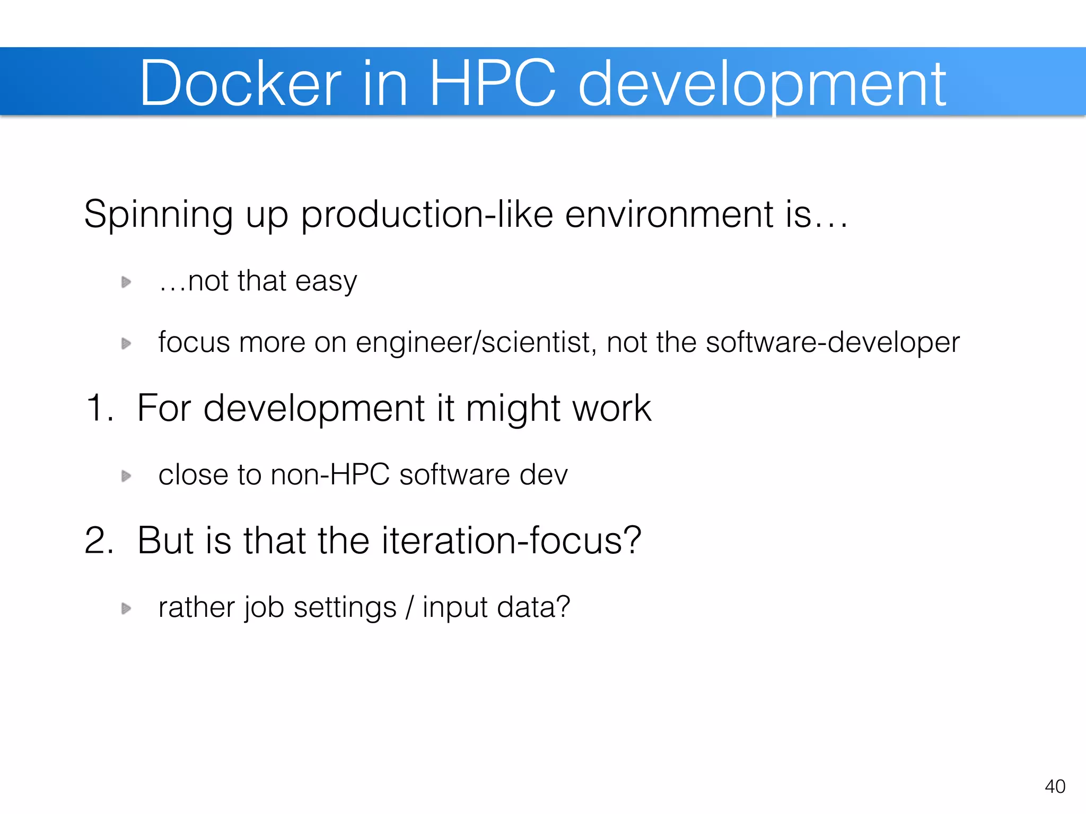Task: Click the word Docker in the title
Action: (240, 84)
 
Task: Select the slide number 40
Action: (1055, 786)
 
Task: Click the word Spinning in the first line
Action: (158, 215)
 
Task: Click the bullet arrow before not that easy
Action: (126, 282)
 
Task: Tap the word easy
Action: (326, 282)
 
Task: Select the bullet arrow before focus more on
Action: (126, 343)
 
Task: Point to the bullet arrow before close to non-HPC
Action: (126, 476)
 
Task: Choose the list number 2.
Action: (99, 541)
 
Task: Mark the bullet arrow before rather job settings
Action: (126, 608)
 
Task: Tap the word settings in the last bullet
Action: (345, 608)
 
